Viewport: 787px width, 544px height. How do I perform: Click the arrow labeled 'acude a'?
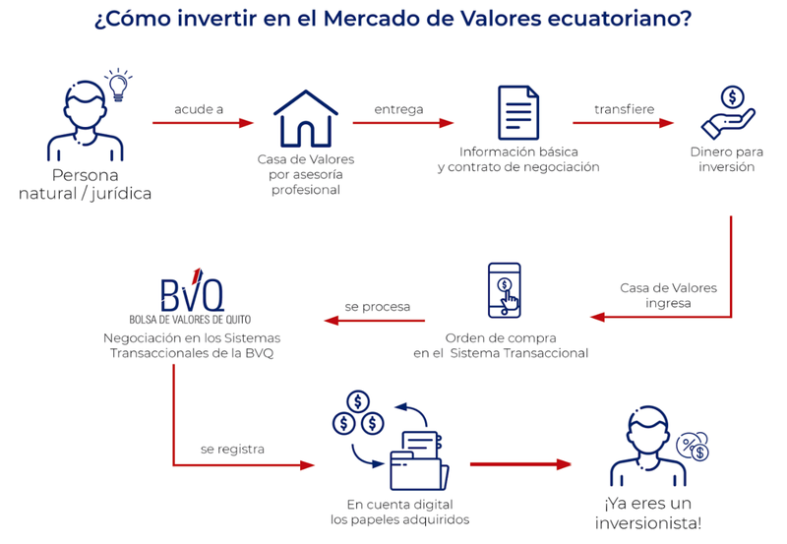coord(203,123)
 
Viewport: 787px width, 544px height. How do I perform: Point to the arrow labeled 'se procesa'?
coord(377,320)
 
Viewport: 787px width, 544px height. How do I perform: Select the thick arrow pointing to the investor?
coord(520,463)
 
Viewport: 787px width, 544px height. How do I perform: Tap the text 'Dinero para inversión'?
coord(728,159)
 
